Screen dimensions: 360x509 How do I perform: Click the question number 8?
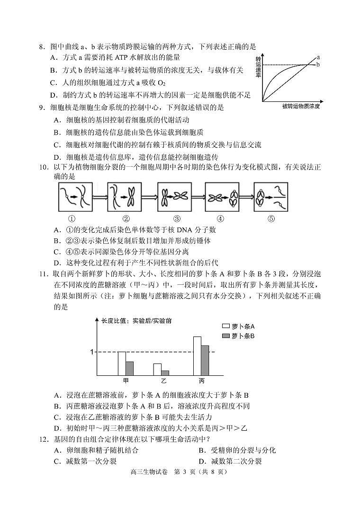(42, 47)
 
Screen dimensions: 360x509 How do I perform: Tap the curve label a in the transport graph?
(319, 57)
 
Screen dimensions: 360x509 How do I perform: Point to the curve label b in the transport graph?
(318, 64)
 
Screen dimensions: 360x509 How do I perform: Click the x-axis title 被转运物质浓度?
(301, 106)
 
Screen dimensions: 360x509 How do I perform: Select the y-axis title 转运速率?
(258, 68)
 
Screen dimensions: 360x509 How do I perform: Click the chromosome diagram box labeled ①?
(72, 196)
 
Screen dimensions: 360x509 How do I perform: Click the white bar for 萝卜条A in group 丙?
(197, 356)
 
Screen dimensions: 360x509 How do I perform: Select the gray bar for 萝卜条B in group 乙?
(165, 373)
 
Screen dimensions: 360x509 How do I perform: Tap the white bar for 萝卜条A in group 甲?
(122, 364)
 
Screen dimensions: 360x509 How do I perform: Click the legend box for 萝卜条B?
(225, 336)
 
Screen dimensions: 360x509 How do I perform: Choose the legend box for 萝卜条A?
(225, 326)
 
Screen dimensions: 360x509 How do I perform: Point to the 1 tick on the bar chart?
(93, 352)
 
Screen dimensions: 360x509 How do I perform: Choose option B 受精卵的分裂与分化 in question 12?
(237, 450)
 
